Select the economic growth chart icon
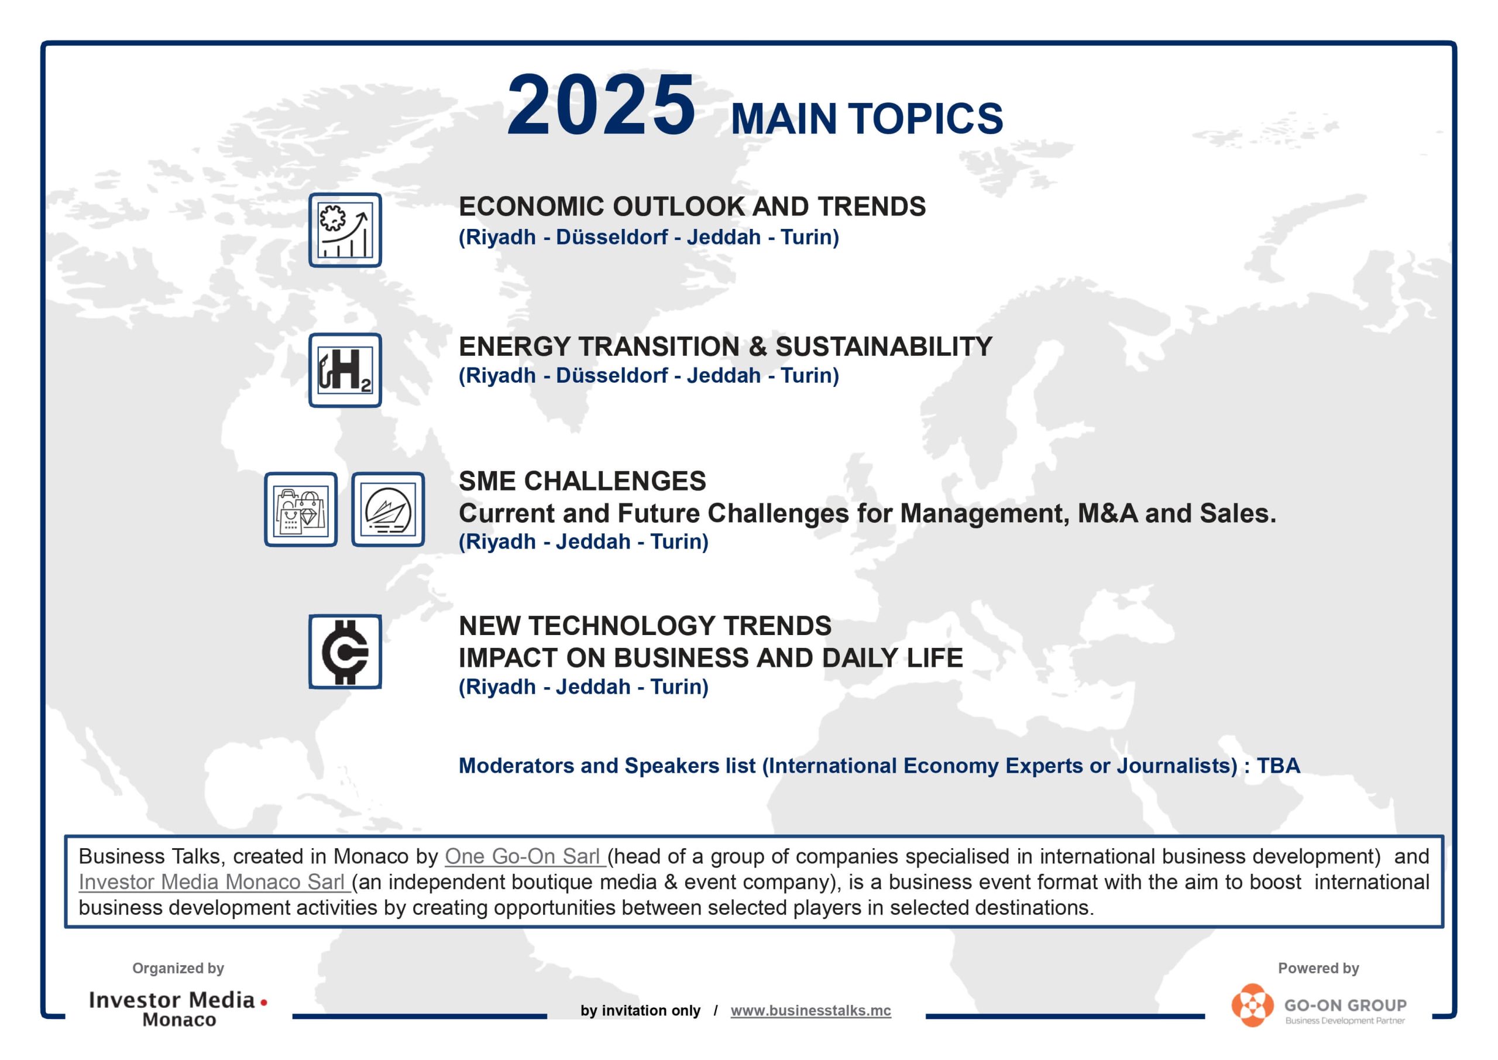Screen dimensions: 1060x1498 click(x=345, y=230)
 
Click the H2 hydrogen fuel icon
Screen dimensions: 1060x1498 click(x=345, y=370)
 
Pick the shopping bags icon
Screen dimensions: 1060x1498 click(x=301, y=509)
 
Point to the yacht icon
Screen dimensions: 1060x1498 click(x=388, y=509)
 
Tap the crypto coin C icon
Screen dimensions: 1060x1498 click(x=345, y=651)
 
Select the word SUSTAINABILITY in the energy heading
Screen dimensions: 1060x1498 click(x=884, y=347)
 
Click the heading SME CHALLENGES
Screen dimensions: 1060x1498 click(x=582, y=481)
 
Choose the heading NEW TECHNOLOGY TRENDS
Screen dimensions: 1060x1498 click(x=645, y=626)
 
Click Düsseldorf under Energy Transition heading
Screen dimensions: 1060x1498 click(x=611, y=375)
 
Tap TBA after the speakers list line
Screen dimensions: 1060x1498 click(x=1278, y=766)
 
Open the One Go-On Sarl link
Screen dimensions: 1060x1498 click(x=524, y=856)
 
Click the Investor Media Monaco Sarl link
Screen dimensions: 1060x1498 click(x=214, y=882)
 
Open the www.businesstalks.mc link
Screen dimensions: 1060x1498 click(x=810, y=1010)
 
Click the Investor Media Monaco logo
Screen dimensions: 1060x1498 click(x=178, y=1008)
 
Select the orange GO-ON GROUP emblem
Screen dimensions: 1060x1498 click(x=1252, y=1006)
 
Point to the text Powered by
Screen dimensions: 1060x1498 click(x=1318, y=968)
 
